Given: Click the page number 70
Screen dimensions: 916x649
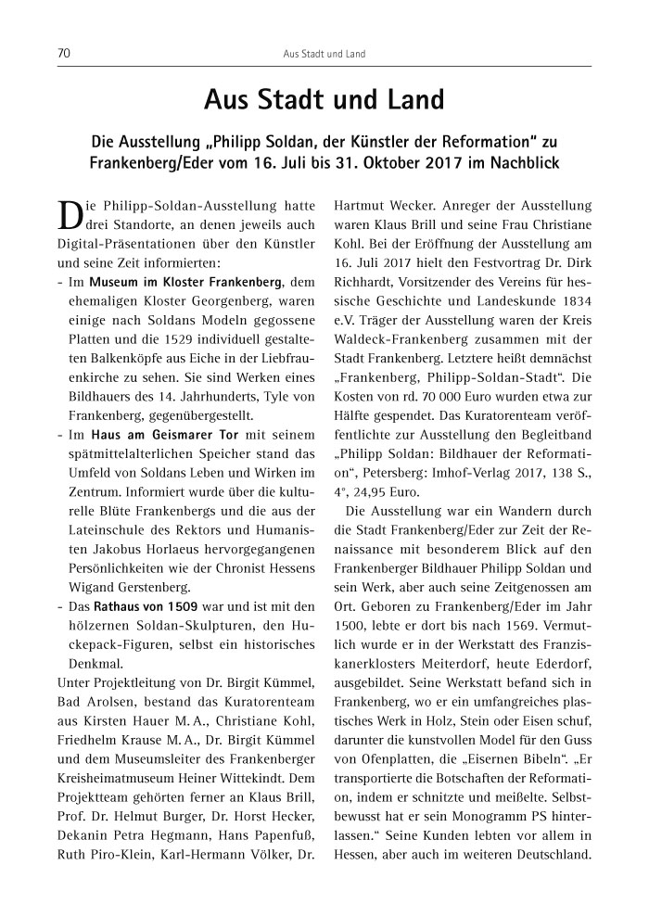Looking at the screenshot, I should coord(64,54).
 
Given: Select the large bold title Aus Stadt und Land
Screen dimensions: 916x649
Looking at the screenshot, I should coord(324,99).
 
